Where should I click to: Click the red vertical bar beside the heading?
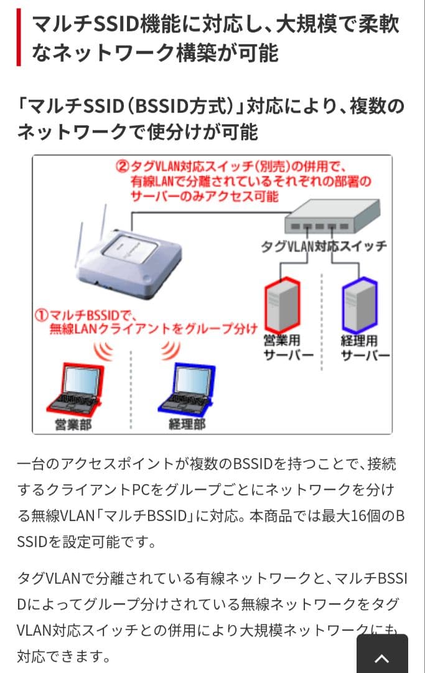[19, 37]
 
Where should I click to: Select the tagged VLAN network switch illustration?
[332, 217]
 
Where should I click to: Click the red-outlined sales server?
[283, 305]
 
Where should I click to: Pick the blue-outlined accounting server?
[360, 305]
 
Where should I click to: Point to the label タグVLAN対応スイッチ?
[324, 246]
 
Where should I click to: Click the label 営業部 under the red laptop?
[73, 424]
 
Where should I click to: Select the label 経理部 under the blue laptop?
[187, 424]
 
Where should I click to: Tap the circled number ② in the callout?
[122, 166]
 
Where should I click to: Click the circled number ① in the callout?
[42, 315]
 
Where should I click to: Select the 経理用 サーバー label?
[365, 348]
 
